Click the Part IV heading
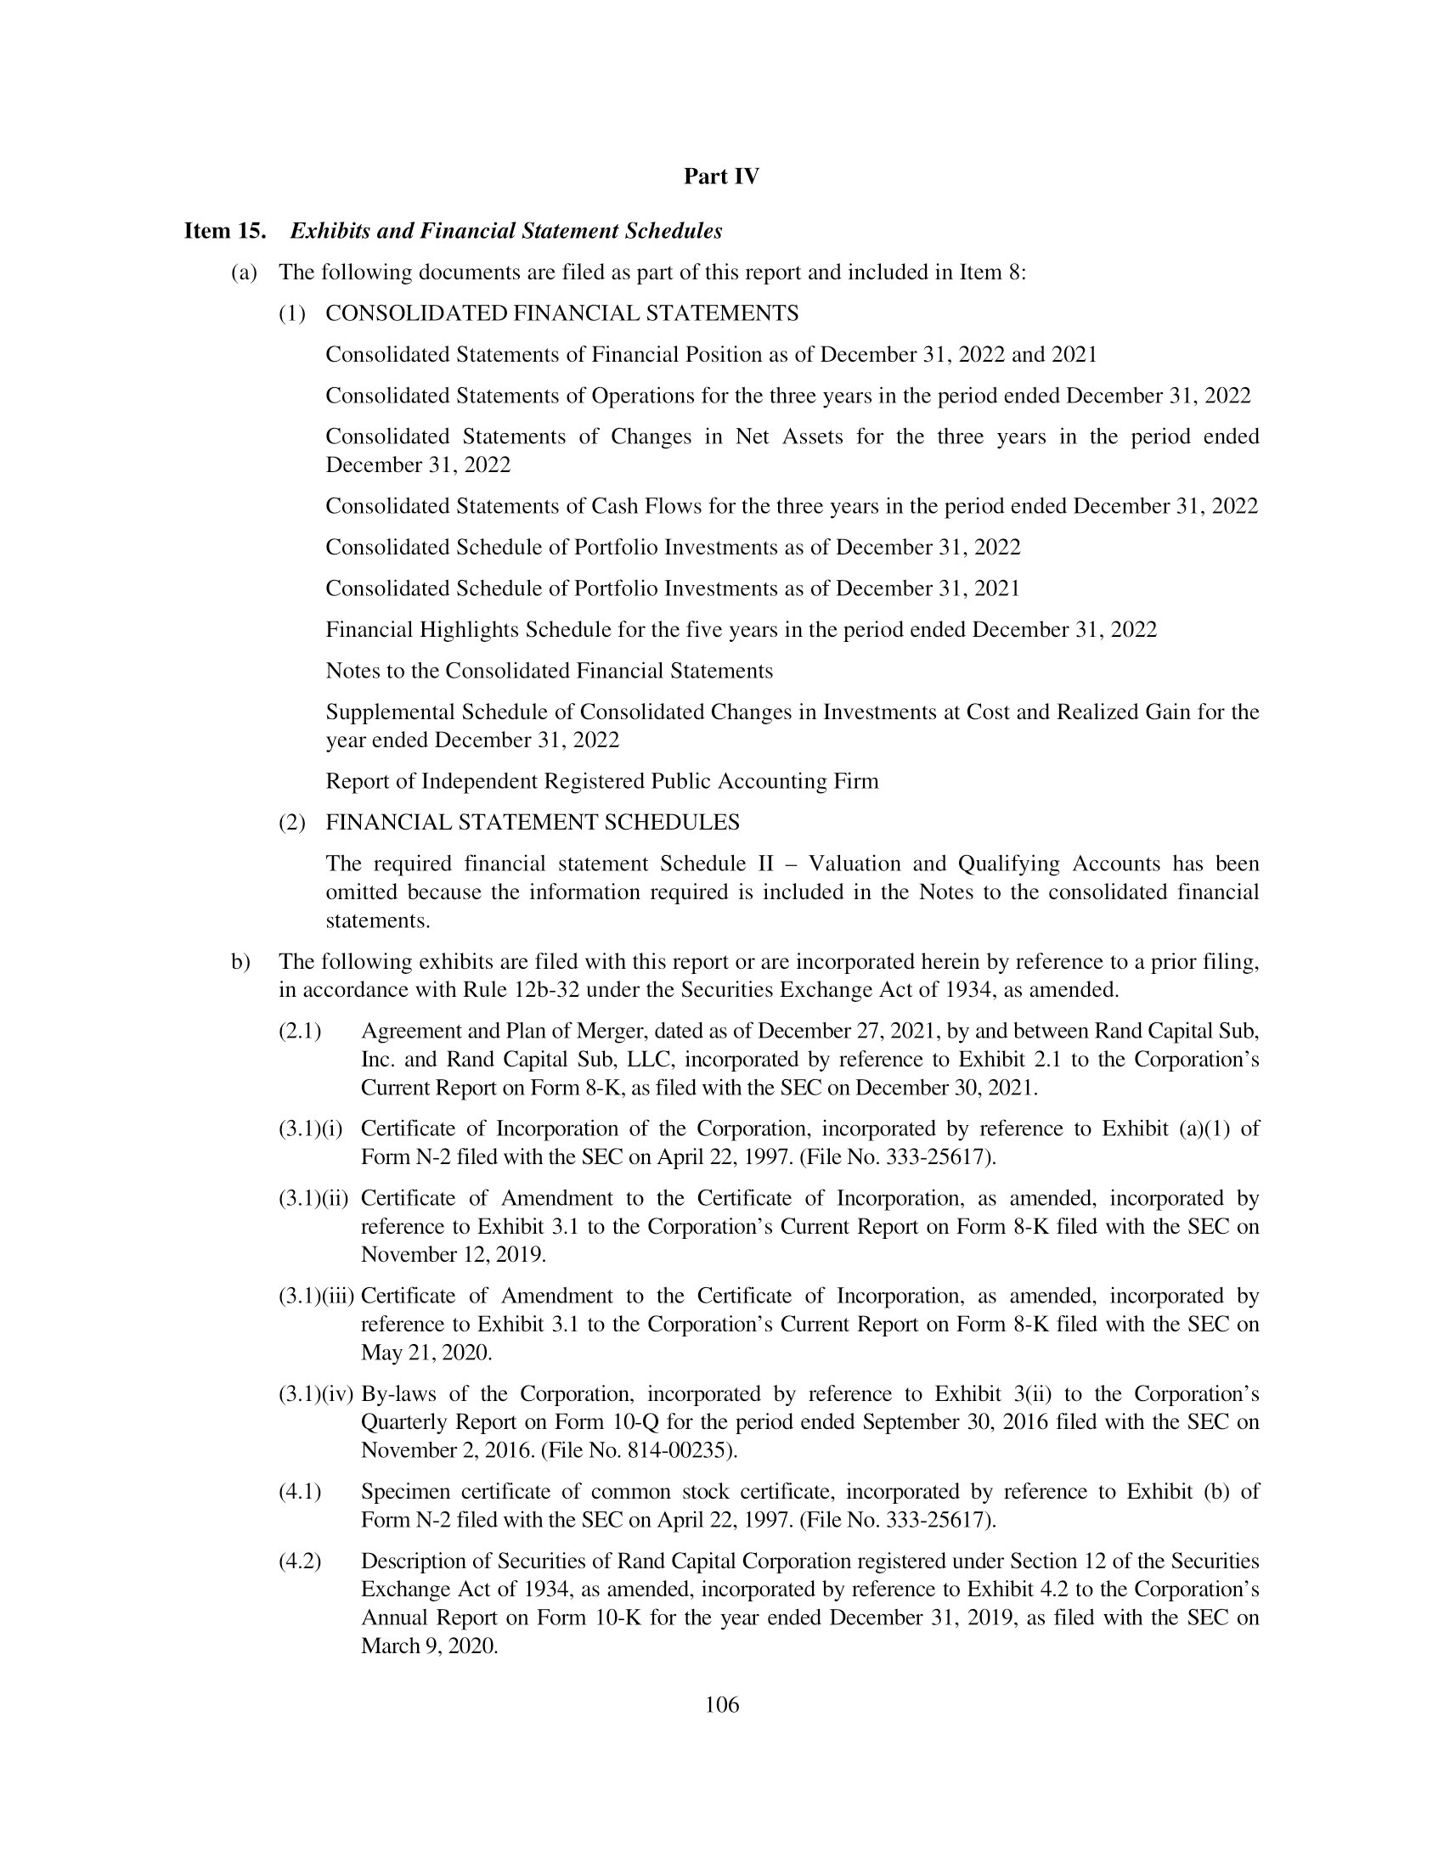click(x=721, y=177)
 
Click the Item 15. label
click(x=225, y=231)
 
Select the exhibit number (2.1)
click(x=299, y=1032)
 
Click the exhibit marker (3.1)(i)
click(x=311, y=1129)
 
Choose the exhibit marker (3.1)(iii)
click(x=317, y=1296)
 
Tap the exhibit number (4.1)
click(x=299, y=1492)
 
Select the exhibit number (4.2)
click(x=299, y=1561)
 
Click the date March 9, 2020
click(x=430, y=1646)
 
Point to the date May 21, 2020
click(x=426, y=1353)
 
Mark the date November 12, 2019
click(x=453, y=1255)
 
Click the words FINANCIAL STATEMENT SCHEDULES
click(x=532, y=823)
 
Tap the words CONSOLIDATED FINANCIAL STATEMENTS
click(x=562, y=314)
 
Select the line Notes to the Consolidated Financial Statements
click(x=550, y=672)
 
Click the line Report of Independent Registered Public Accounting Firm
click(x=601, y=782)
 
